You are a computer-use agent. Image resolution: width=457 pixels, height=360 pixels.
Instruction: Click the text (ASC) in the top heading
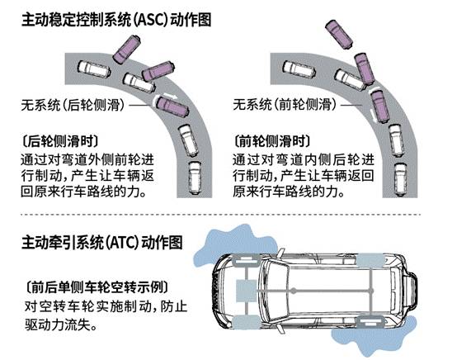coord(151,20)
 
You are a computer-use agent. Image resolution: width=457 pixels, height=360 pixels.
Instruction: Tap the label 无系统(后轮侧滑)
coord(73,105)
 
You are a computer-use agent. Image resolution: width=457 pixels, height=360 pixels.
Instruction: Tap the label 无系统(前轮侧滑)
coord(285,104)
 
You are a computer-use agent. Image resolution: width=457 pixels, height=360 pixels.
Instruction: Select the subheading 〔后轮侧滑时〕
coord(60,141)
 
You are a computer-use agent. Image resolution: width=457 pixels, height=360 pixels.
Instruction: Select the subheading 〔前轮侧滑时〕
coord(272,141)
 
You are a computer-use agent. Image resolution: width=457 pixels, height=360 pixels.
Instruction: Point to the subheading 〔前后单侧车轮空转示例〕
coord(97,287)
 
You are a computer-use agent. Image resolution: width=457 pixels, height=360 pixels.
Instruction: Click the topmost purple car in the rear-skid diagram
coord(127,49)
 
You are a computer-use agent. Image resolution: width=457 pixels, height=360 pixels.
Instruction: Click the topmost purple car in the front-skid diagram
coord(339,34)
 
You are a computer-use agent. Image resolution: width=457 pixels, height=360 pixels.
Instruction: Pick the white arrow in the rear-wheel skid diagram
coord(170,96)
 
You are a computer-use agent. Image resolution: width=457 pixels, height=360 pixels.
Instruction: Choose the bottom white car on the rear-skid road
coord(195,178)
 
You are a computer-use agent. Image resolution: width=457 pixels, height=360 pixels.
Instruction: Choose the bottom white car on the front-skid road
coord(401,179)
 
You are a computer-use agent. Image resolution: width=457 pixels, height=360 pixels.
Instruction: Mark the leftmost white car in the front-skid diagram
coord(299,69)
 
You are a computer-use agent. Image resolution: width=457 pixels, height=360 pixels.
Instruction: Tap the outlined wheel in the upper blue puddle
coord(245,261)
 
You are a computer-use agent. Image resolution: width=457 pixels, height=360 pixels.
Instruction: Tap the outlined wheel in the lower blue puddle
coord(371,322)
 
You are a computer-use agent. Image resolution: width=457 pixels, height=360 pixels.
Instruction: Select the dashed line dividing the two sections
coord(221,215)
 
